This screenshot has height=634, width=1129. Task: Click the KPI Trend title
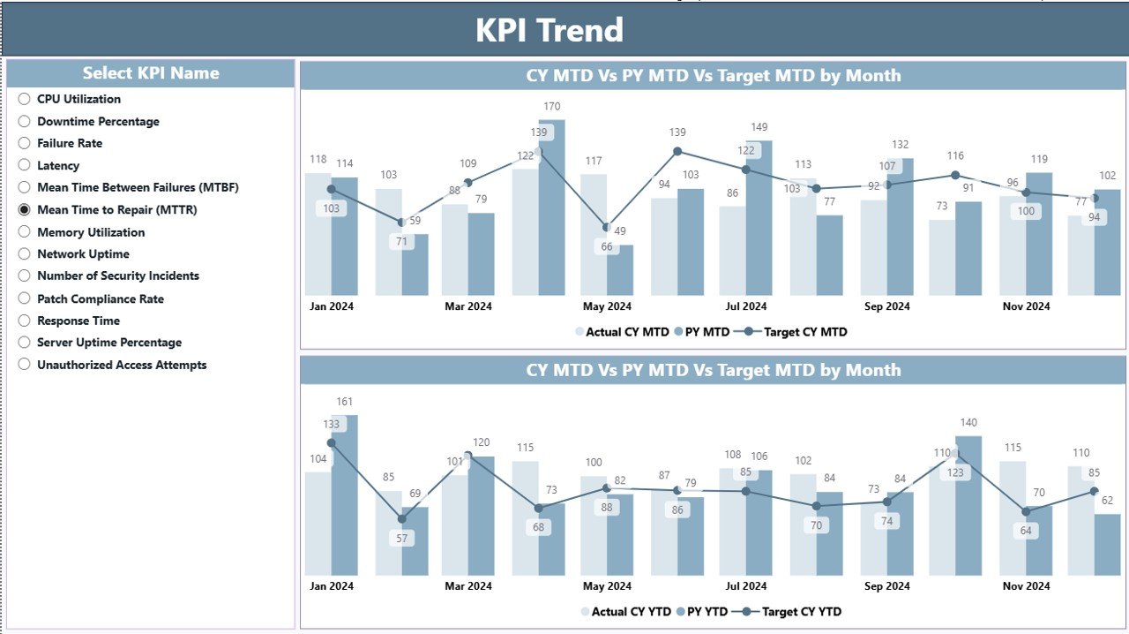(x=550, y=30)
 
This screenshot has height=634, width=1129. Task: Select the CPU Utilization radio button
(x=25, y=99)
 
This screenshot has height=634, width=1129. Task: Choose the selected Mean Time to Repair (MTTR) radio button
(x=25, y=210)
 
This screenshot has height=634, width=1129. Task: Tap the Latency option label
(x=58, y=165)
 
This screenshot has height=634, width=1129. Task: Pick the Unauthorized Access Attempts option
(x=121, y=365)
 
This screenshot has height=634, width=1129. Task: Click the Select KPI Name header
(x=151, y=73)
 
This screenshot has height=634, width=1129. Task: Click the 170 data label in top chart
(x=551, y=107)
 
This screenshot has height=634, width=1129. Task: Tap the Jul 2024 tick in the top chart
(x=746, y=306)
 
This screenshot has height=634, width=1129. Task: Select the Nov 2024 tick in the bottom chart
(x=1027, y=585)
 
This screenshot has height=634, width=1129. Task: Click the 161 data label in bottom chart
(x=345, y=403)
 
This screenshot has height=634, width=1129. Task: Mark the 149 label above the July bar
(x=759, y=127)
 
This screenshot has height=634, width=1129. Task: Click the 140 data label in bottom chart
(x=968, y=423)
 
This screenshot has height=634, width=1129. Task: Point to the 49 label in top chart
(x=620, y=231)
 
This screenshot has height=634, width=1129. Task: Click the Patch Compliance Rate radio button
(x=25, y=298)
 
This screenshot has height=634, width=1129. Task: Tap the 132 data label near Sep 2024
(x=901, y=145)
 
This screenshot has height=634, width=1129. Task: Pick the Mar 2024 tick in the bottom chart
(x=467, y=585)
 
